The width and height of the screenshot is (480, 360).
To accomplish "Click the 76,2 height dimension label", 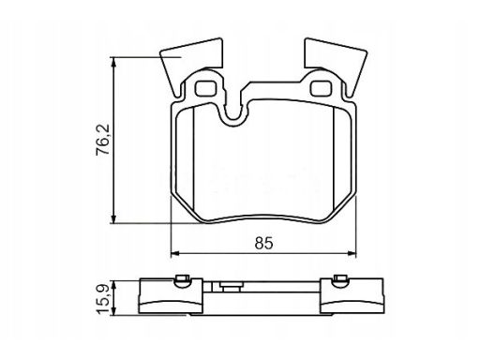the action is click(x=103, y=140).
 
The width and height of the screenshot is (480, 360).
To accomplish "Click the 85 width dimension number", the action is click(x=263, y=243).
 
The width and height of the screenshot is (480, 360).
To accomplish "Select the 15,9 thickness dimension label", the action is click(x=103, y=299).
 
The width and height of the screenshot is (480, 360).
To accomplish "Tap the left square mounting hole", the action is click(x=206, y=88).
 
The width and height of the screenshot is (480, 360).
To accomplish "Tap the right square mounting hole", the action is click(x=321, y=88).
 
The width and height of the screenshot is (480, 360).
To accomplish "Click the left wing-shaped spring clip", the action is click(x=190, y=63).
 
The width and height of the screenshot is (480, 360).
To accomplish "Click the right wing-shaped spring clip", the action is click(x=336, y=63).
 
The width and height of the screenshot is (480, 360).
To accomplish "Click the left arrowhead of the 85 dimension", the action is click(x=175, y=253).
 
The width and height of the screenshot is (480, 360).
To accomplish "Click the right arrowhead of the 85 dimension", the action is click(x=352, y=253).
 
